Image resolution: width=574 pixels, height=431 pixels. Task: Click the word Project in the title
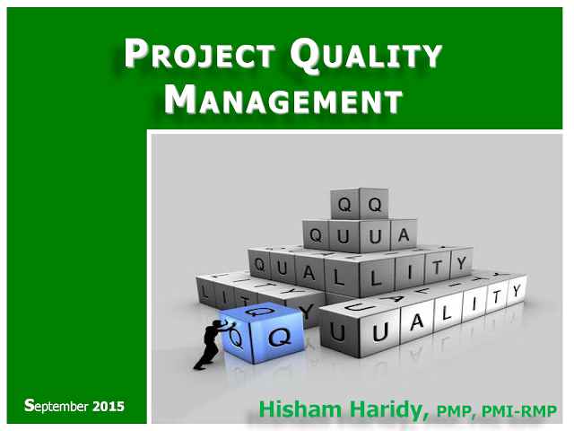point(200,54)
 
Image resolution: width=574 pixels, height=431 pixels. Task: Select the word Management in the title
point(283,99)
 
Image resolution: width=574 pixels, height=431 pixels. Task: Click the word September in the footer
point(57,406)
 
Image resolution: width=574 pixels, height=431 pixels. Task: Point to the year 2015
point(109,407)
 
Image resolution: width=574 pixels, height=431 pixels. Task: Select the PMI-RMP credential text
point(518,411)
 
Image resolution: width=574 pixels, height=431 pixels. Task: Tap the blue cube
point(261,332)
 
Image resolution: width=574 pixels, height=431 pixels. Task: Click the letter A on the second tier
point(404,235)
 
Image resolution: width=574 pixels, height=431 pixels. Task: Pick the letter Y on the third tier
point(461,263)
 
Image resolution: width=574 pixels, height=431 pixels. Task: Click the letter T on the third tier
point(436,268)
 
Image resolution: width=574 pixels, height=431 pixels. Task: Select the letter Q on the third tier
point(259,264)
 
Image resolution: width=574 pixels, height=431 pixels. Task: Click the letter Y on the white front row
point(517,291)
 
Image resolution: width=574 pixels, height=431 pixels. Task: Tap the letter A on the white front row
point(416,322)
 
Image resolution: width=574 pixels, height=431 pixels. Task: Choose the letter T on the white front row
point(496,297)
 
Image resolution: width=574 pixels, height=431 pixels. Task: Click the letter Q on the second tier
point(316,235)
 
